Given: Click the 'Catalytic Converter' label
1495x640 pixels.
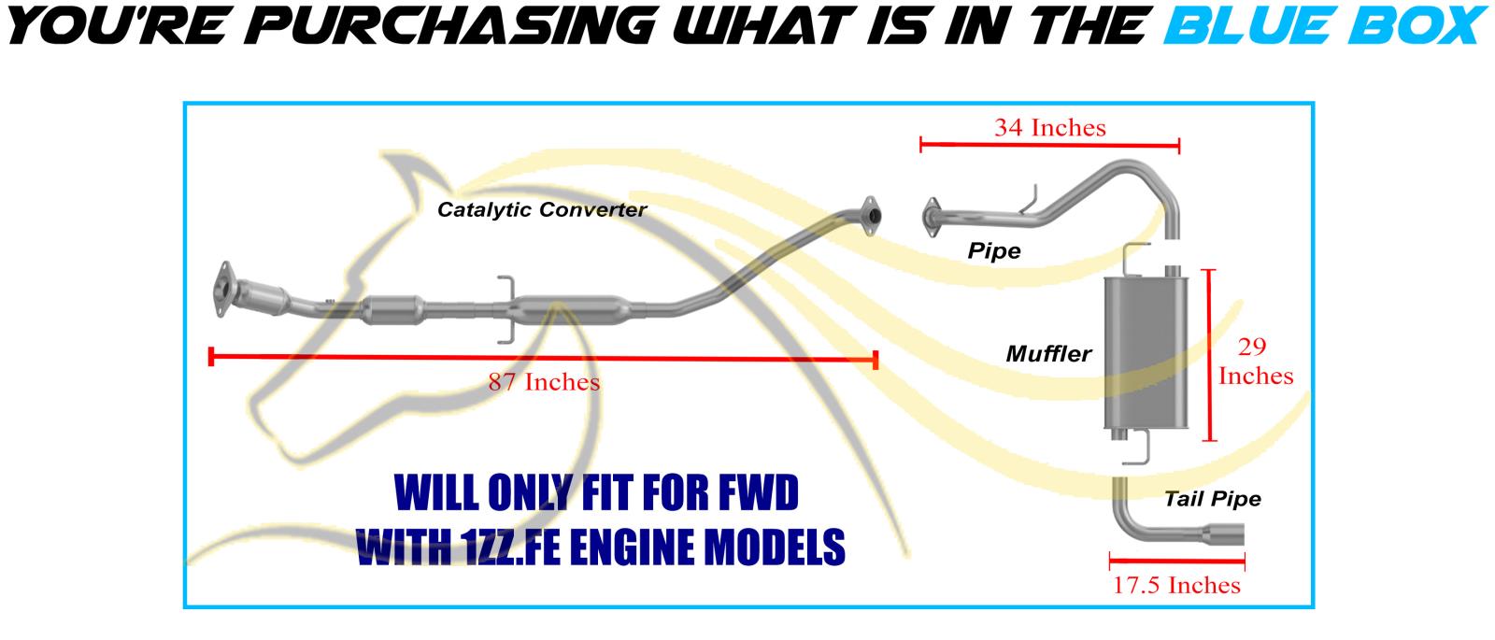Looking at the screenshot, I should pyautogui.click(x=542, y=209).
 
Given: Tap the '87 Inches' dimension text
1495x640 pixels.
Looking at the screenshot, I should pyautogui.click(x=544, y=381).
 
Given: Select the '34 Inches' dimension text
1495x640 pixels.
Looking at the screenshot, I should pyautogui.click(x=1049, y=127).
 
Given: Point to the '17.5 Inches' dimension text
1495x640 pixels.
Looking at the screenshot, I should pyautogui.click(x=1176, y=585).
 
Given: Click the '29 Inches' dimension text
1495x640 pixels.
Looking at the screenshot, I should pyautogui.click(x=1255, y=363).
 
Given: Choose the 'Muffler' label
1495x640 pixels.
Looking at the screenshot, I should pyautogui.click(x=1048, y=354).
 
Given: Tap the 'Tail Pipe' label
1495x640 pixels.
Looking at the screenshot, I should pyautogui.click(x=1212, y=499).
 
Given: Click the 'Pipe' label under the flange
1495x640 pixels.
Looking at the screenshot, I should pyautogui.click(x=994, y=250).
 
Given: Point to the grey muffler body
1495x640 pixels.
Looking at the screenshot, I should pyautogui.click(x=1145, y=353).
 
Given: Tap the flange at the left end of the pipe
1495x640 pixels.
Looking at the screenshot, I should pyautogui.click(x=932, y=215).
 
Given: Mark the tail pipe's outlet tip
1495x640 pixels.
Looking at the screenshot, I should pyautogui.click(x=1234, y=534).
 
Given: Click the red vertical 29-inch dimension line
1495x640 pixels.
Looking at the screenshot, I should pyautogui.click(x=1212, y=355).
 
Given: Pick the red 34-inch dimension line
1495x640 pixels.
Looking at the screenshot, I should pyautogui.click(x=1049, y=145).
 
